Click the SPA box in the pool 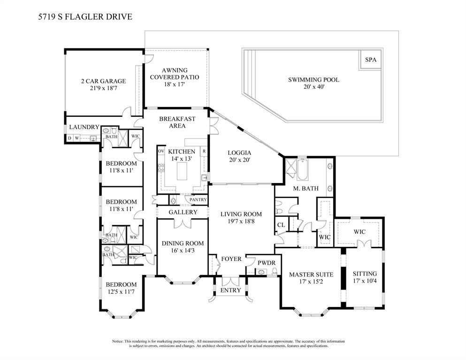(x=370, y=60)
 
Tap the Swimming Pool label (x=313, y=80)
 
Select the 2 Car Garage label (x=103, y=81)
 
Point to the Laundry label (x=84, y=127)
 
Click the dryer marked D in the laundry (x=69, y=138)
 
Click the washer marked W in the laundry (x=76, y=138)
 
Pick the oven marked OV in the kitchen (x=161, y=151)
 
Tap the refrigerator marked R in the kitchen (x=204, y=151)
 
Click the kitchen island (x=182, y=171)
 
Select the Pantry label (x=198, y=200)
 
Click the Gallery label (x=183, y=212)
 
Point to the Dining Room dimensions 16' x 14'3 (x=183, y=251)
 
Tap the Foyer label (x=231, y=259)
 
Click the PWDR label (x=266, y=263)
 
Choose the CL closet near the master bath (x=281, y=225)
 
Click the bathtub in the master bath (x=303, y=169)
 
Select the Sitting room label (x=365, y=274)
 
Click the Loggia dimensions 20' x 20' (x=239, y=160)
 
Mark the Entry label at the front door (x=230, y=290)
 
